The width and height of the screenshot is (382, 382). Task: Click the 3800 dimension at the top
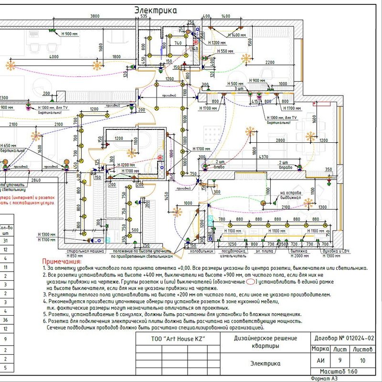pos(95,17)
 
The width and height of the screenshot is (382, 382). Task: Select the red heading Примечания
pos(62,262)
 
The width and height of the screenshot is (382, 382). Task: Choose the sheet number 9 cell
pos(339,361)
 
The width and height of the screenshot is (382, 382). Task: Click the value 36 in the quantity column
pos(6,320)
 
